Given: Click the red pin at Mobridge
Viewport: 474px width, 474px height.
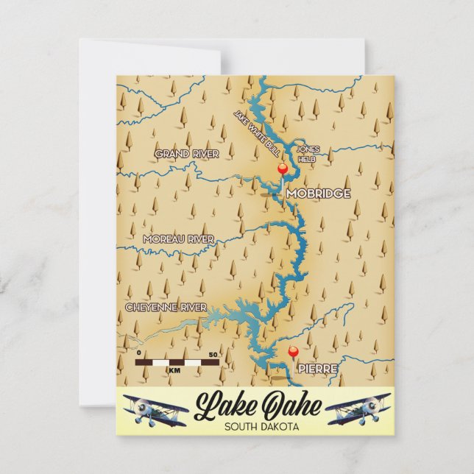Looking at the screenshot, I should click(x=282, y=170).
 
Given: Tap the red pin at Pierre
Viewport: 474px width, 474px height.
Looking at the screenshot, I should click(x=293, y=352).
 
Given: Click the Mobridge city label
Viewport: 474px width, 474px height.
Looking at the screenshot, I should click(x=318, y=194).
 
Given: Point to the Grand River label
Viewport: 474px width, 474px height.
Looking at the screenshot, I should click(x=187, y=154).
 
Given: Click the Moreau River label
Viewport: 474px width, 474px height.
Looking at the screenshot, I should click(x=179, y=239).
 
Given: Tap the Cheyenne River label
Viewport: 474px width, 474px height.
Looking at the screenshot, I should click(x=166, y=307).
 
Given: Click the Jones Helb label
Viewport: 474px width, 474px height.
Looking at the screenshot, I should click(x=308, y=153).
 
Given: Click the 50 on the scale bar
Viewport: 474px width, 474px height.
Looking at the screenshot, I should click(x=213, y=354).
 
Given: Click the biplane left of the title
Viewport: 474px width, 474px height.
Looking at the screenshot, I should click(x=150, y=410).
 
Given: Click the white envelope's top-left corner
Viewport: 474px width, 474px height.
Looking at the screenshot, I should click(x=80, y=40).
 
